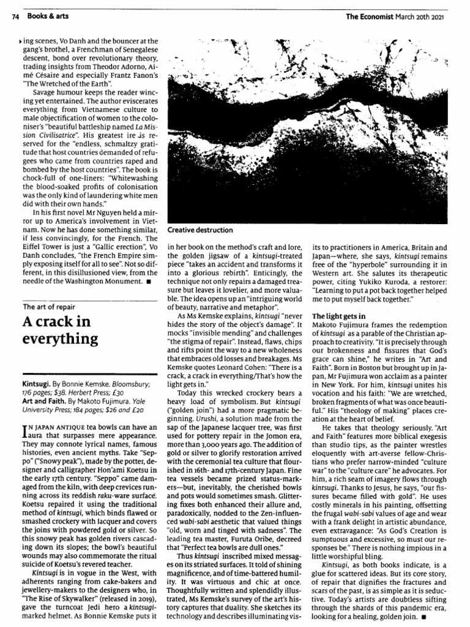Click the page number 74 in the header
(16, 17)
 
